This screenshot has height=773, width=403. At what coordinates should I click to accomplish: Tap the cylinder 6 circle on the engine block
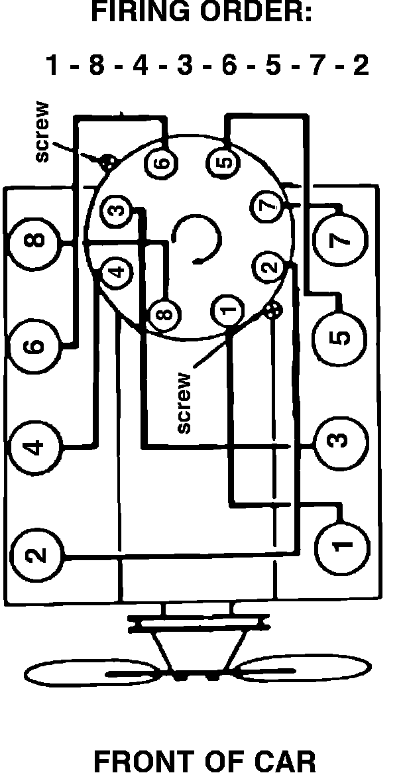click(x=34, y=345)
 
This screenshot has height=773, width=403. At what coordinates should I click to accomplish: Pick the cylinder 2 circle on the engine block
click(x=37, y=554)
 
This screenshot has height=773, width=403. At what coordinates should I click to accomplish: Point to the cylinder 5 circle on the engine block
click(x=340, y=337)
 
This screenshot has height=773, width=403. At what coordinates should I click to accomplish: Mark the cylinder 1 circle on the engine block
click(x=341, y=545)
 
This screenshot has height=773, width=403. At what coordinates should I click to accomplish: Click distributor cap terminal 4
click(x=117, y=271)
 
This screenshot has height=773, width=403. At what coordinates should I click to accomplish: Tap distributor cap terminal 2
click(x=268, y=268)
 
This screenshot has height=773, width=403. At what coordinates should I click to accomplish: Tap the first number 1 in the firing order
click(x=53, y=66)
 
